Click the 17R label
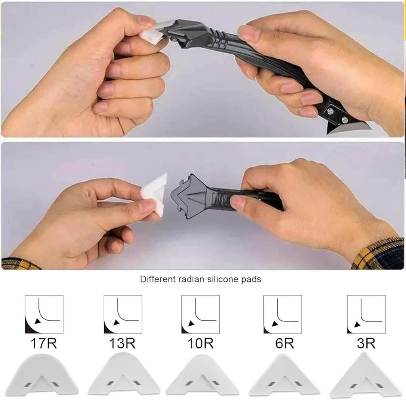(x=44, y=344)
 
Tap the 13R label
(x=122, y=344)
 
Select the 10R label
(x=201, y=344)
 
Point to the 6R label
(x=285, y=344)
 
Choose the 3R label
(x=366, y=344)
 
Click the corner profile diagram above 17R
(x=44, y=314)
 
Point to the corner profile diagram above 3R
(x=366, y=314)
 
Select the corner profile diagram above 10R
(x=200, y=314)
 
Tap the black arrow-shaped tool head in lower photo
(x=189, y=196)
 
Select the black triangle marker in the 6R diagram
(x=275, y=324)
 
